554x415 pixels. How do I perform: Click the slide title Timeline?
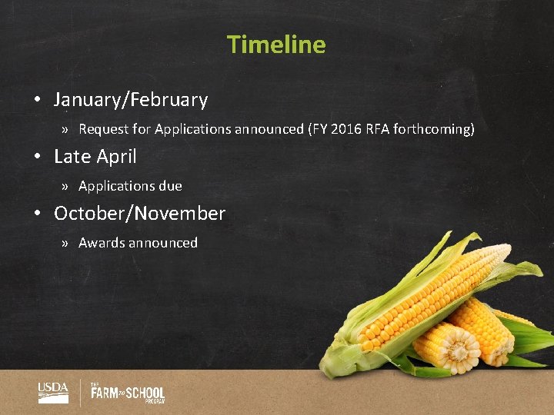pos(276,45)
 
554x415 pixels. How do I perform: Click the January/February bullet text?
pos(131,100)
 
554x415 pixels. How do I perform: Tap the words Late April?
pos(95,157)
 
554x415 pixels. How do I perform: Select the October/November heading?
pos(139,214)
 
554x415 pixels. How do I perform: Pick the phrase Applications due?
pos(130,186)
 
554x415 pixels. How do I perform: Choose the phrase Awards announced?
pos(138,243)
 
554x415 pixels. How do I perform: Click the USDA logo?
pos(53,392)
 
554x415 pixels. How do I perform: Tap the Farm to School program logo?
pos(128,393)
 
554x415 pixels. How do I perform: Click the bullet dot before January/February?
pos(37,101)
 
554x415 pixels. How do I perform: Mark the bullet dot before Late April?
pos(37,158)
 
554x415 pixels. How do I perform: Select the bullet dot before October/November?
pos(37,214)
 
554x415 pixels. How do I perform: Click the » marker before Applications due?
pos(67,186)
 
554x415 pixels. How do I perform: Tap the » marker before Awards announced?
pos(67,243)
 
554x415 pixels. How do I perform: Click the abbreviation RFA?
pos(375,129)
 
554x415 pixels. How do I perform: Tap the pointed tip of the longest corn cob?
pos(507,249)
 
